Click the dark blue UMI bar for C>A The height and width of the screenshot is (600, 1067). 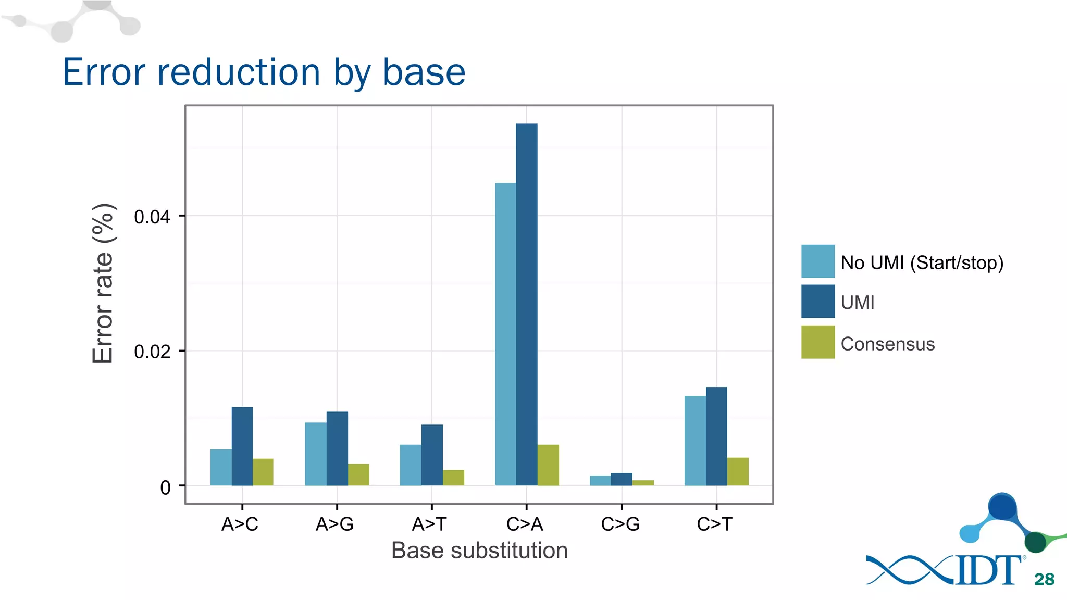pos(526,305)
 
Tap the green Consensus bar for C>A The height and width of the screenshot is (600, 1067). pos(548,465)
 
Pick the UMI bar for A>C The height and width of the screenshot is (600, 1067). pos(242,446)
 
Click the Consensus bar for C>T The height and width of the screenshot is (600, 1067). pos(737,472)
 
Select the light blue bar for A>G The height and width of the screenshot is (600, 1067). pos(315,454)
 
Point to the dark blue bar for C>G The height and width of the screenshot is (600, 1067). pos(621,480)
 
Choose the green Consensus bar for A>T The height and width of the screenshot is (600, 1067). pos(453,478)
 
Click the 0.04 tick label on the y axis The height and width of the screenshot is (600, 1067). pos(152,217)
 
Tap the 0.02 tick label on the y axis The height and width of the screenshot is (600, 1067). pos(152,352)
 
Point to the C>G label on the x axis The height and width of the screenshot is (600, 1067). pos(620,524)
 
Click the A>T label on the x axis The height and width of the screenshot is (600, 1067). pos(429,524)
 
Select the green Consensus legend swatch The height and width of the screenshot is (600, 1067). pos(817,342)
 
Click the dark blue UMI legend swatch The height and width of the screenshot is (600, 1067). pos(817,301)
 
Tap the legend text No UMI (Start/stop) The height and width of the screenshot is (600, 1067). pos(922,262)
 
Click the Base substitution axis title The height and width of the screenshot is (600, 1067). pos(479,551)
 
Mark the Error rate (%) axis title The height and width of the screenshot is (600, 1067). pos(103,283)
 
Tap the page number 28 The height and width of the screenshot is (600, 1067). pos(1044,579)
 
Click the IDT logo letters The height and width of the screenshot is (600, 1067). pos(987,570)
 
